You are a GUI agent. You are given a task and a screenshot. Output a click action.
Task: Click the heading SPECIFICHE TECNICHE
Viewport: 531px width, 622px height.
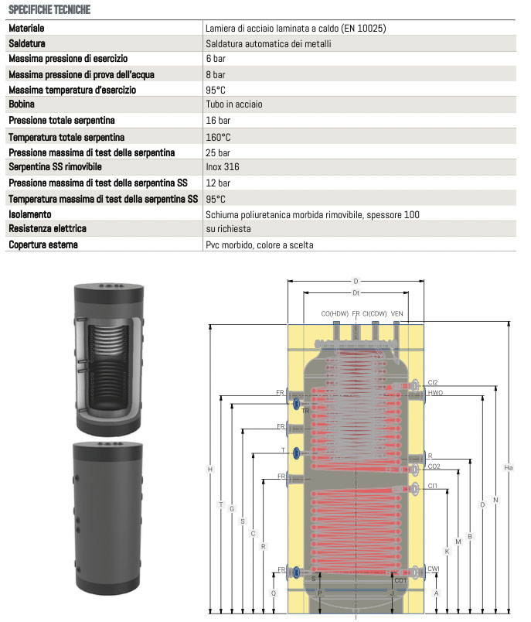point(49,10)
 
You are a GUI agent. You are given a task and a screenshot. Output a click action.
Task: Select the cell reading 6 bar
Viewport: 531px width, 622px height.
point(216,59)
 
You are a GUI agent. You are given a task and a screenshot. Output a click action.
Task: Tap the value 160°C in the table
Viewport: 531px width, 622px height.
point(218,137)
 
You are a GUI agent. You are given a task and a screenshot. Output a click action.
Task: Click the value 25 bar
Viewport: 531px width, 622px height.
point(218,152)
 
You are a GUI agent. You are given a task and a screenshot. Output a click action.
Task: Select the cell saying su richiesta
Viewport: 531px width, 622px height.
point(228,229)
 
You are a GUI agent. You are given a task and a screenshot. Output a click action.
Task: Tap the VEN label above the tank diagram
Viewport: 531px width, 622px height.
point(397,313)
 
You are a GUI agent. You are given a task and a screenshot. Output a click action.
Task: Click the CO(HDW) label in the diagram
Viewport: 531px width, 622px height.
point(335,313)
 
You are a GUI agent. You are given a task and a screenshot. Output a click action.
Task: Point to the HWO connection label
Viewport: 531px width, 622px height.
point(435,393)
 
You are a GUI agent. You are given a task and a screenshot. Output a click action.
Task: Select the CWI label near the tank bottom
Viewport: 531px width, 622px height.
point(434,569)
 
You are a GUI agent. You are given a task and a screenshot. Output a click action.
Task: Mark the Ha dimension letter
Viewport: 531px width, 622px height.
point(508,467)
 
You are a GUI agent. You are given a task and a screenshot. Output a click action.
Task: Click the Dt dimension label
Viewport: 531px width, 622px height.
point(356,293)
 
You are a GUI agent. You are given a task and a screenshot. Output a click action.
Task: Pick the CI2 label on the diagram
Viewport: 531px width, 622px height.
point(433,382)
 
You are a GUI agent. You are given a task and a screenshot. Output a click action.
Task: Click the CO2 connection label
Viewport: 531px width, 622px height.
point(434,466)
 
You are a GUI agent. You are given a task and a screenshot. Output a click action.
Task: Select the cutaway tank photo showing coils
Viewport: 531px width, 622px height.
point(108,357)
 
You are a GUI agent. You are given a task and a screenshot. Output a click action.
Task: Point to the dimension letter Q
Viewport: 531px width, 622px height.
point(273,593)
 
